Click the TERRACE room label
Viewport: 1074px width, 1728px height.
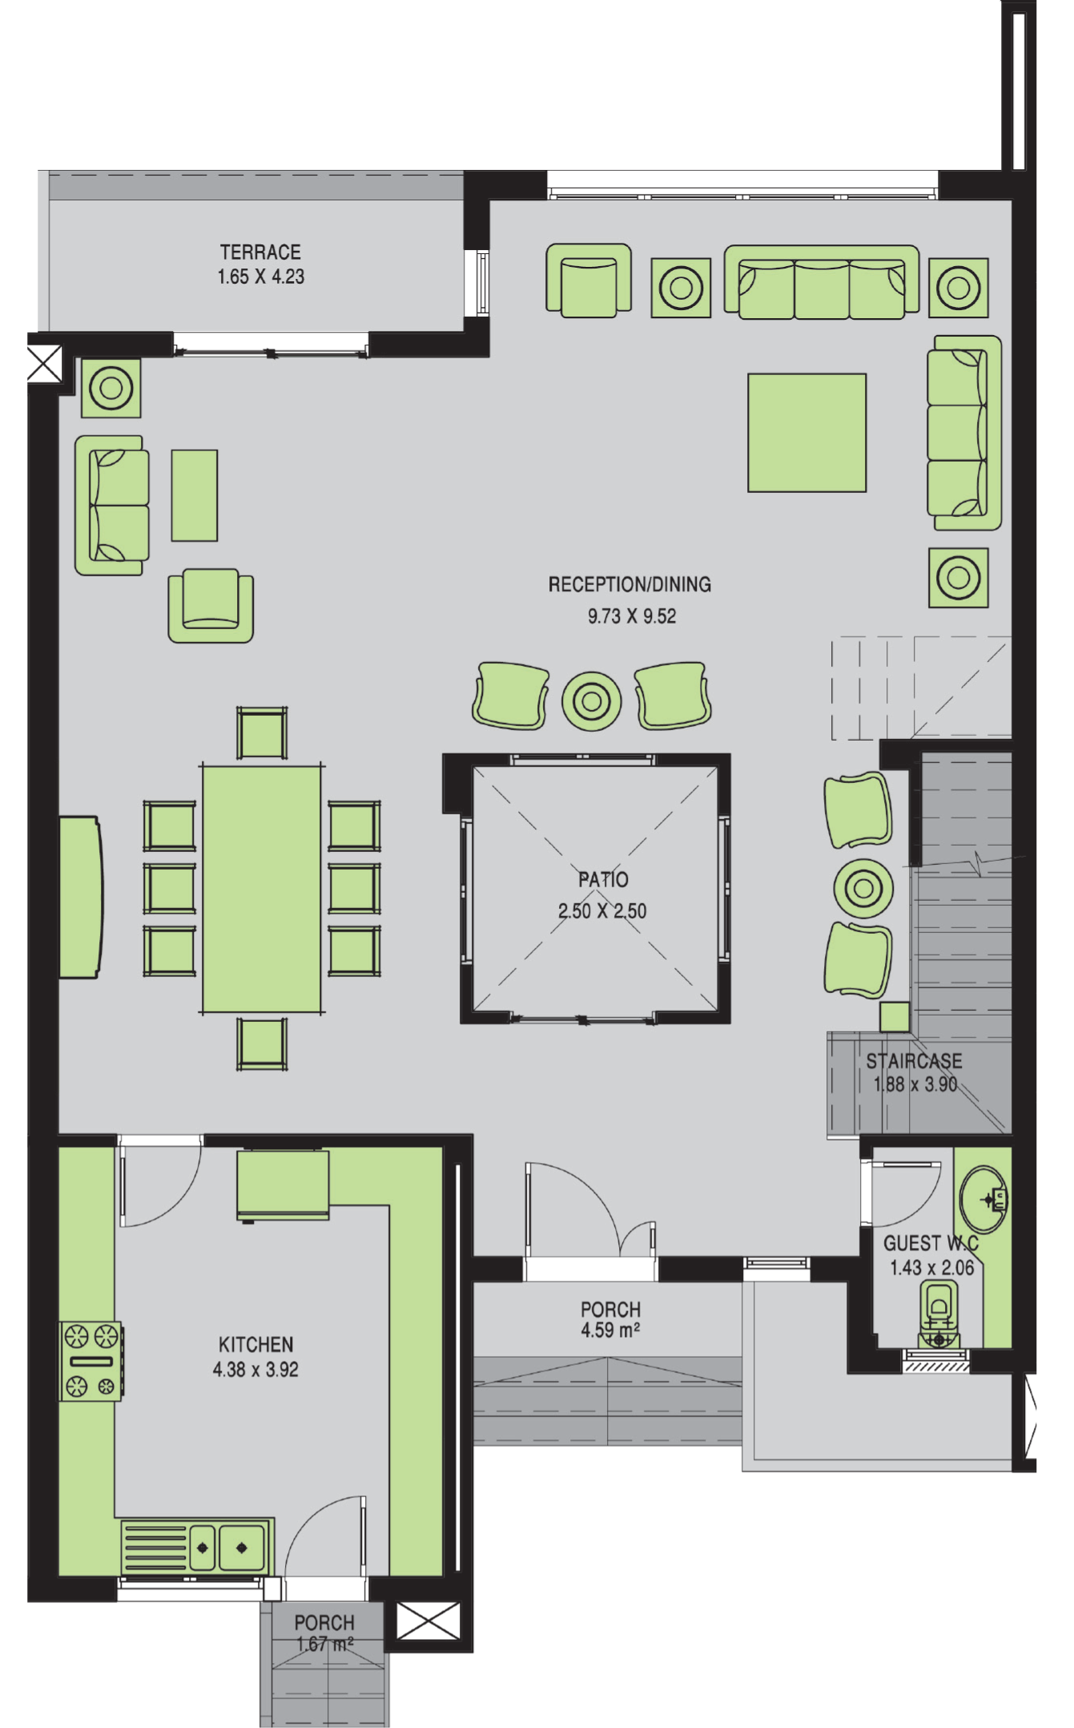260,252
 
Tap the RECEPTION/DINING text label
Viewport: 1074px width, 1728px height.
630,584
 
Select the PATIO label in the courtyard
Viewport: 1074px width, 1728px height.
603,879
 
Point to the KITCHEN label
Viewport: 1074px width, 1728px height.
255,1344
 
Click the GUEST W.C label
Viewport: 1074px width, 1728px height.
931,1243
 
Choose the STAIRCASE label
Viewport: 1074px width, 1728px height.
914,1061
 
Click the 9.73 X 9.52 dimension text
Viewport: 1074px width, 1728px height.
632,616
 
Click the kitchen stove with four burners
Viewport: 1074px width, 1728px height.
91,1361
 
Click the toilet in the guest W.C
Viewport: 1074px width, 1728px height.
939,1314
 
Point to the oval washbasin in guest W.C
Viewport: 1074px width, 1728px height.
984,1199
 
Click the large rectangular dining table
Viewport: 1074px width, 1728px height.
262,890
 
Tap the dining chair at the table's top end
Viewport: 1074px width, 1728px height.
262,733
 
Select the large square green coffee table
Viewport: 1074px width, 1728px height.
807,433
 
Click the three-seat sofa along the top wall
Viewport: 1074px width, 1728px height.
822,282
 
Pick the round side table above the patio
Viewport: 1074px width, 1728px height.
592,701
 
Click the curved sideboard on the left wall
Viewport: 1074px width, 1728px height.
80,897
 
